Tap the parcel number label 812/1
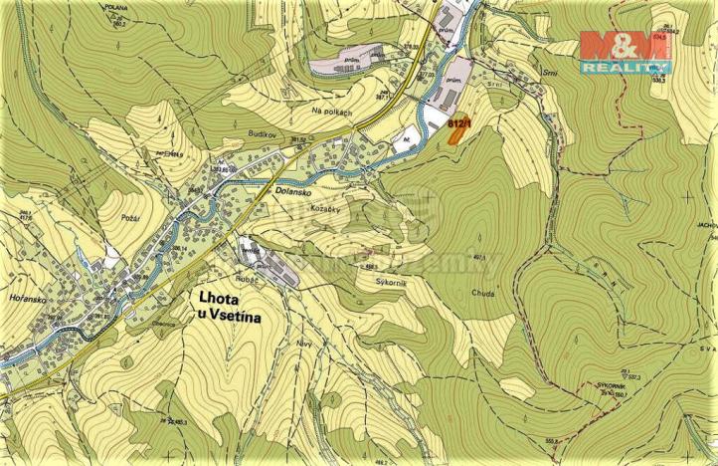[457, 122]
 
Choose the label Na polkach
[331, 113]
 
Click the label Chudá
[484, 294]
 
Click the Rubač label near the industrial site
[246, 280]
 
